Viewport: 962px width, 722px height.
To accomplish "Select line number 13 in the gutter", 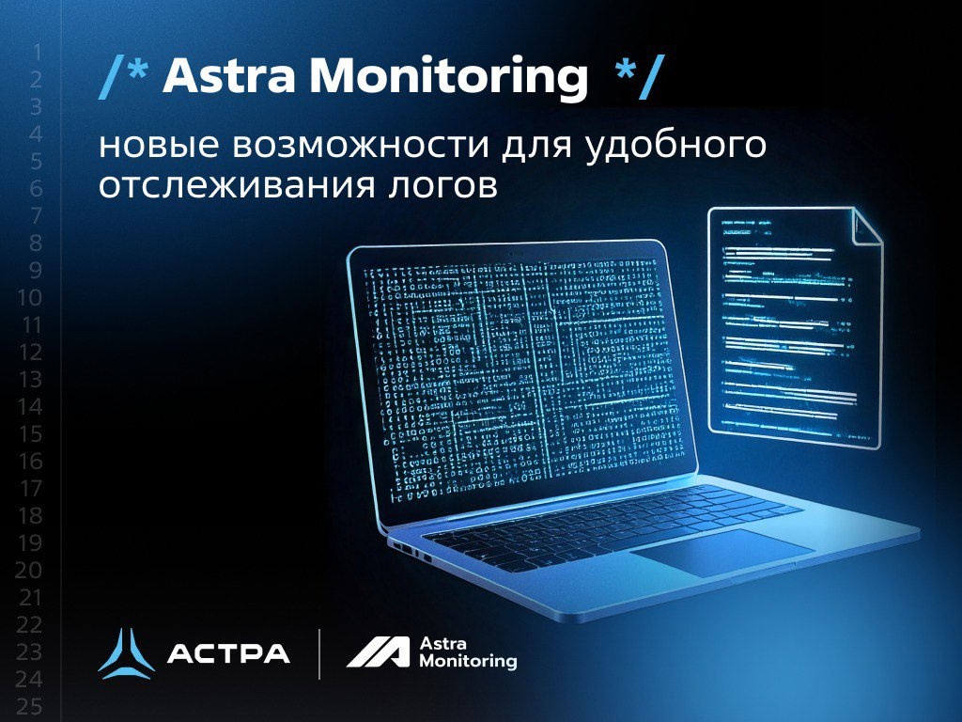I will (x=31, y=380).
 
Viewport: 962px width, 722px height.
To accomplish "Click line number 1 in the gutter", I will (x=37, y=53).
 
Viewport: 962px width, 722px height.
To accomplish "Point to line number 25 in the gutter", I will (x=31, y=707).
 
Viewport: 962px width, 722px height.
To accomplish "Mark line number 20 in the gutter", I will (x=31, y=571).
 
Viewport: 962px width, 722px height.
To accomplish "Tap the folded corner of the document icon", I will (x=866, y=226).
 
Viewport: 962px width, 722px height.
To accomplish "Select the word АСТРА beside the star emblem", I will (x=228, y=653).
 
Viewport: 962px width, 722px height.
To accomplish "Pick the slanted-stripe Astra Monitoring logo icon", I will (x=378, y=652).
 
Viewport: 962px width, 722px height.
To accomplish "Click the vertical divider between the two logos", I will (x=319, y=653).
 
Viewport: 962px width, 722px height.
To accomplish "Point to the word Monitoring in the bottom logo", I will (x=468, y=662).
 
